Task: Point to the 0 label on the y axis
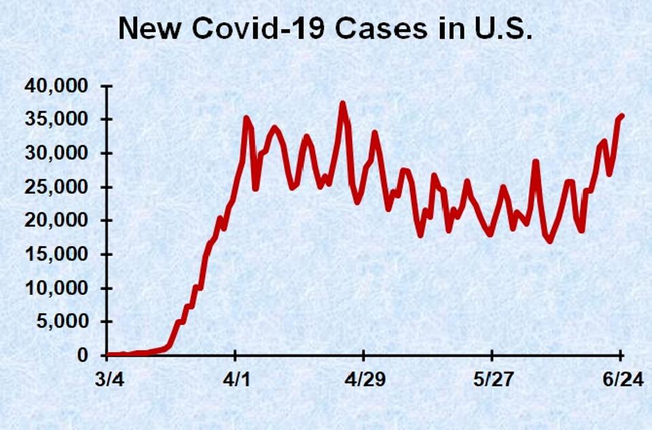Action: coord(84,355)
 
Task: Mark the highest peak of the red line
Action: coord(343,103)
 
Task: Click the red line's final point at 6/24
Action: coord(622,116)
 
